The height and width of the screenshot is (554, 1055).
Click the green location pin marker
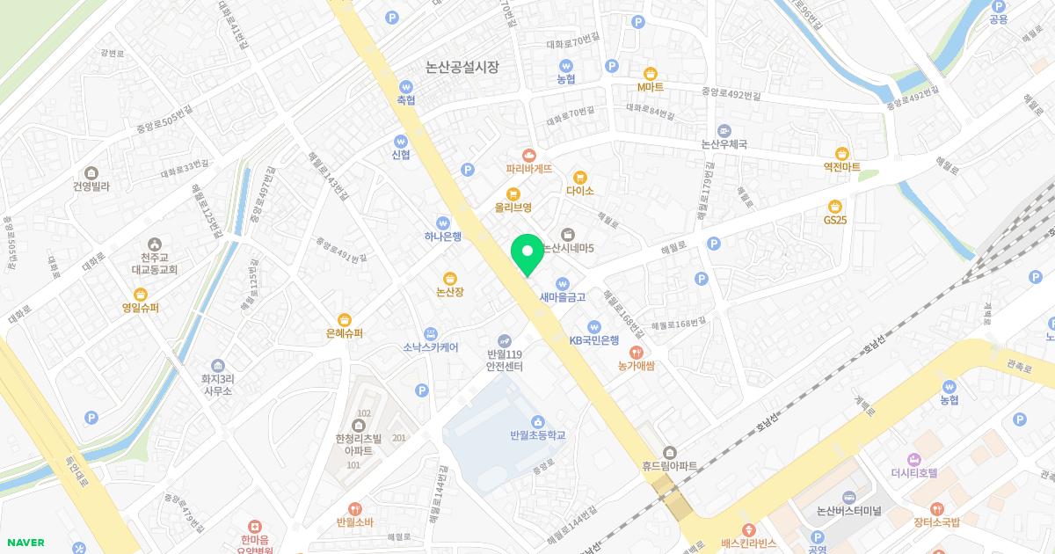527,253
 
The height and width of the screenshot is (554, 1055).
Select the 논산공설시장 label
462,67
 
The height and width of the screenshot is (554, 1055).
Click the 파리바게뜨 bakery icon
528,154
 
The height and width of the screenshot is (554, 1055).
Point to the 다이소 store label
580,191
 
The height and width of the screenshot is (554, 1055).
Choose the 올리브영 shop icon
513,193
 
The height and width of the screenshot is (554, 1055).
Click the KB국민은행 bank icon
594,326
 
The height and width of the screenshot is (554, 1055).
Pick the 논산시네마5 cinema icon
568,234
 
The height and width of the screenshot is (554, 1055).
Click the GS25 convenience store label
835,220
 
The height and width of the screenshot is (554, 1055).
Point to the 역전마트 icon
841,153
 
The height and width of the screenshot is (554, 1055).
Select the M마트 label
651,88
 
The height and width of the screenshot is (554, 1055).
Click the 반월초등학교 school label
537,434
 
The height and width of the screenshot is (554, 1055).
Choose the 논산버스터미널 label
848,511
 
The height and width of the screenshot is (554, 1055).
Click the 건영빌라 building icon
91,172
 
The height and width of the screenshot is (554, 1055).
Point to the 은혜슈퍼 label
345,334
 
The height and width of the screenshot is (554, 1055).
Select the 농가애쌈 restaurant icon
638,351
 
